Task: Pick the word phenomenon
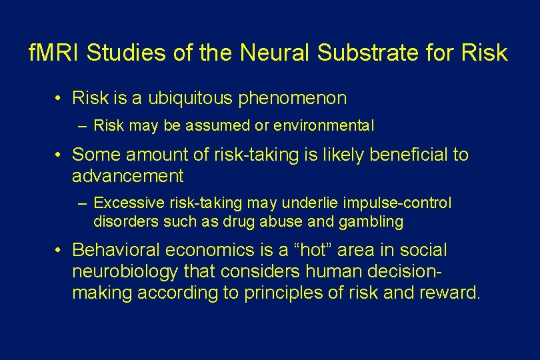[x=291, y=99]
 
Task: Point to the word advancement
[x=127, y=176]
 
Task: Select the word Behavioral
[x=117, y=250]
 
